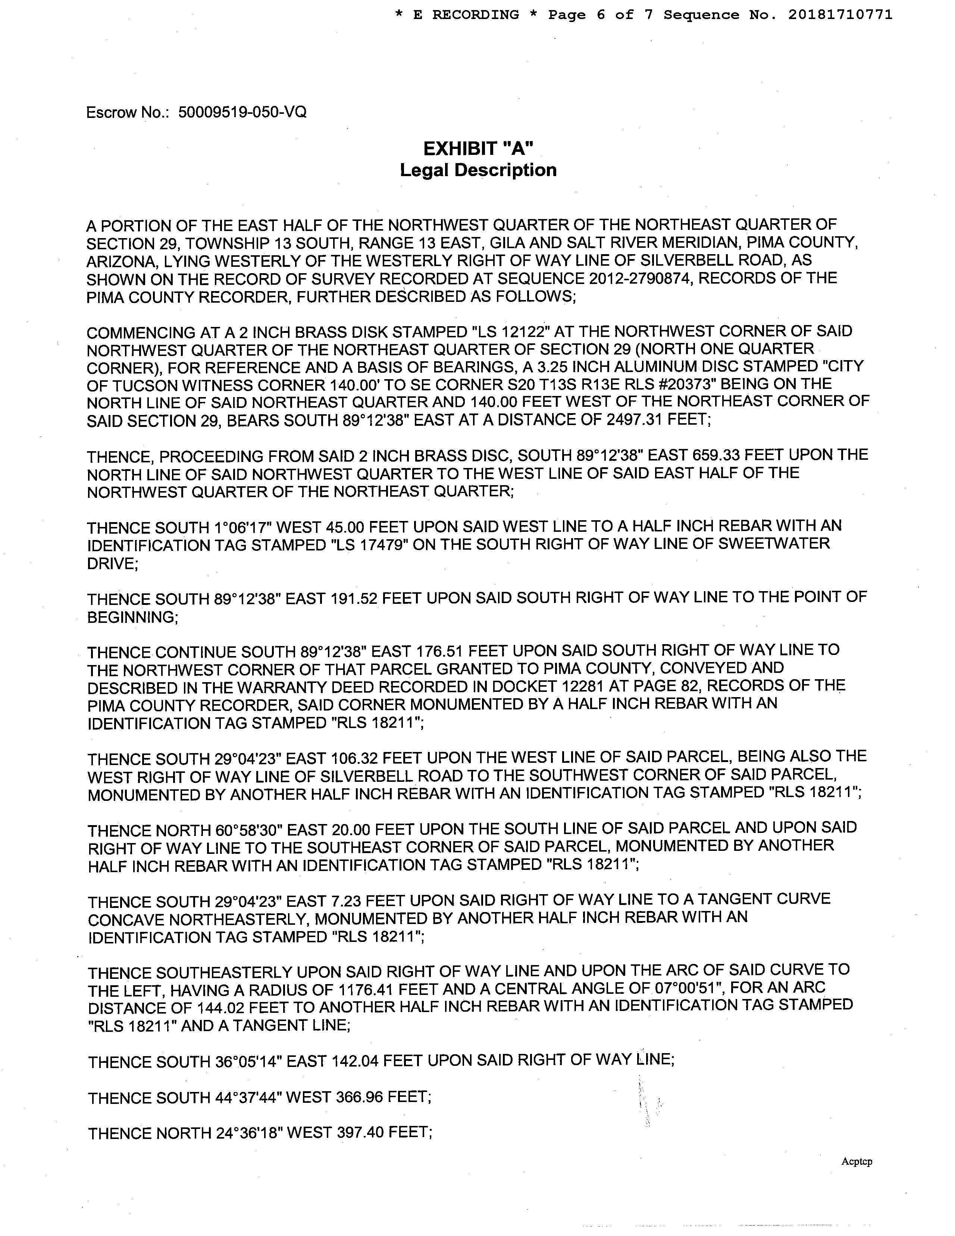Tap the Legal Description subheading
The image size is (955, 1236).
click(x=478, y=170)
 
